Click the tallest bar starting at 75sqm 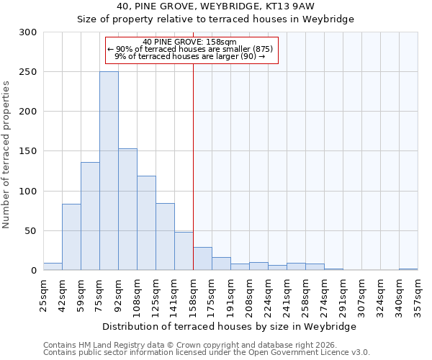109,171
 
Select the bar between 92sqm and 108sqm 127,210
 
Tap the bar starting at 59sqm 90,216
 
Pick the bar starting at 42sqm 71,237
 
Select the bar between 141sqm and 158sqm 184,251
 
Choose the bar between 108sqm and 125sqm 146,223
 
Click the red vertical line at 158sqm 193,144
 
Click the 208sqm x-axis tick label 249,292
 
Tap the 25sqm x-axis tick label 43,292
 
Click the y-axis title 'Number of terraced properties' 6,154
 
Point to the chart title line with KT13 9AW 215,6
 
